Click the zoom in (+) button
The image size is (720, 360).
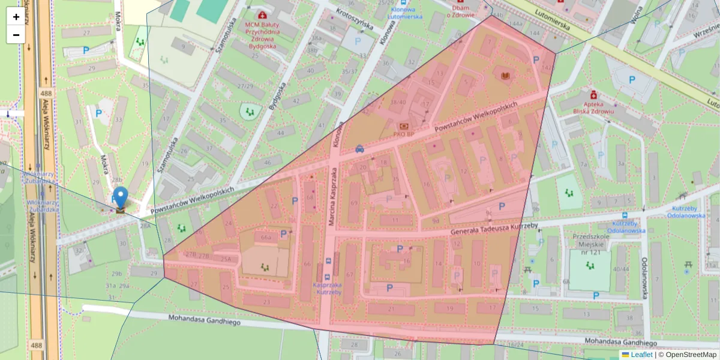(16, 17)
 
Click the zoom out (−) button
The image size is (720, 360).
(16, 35)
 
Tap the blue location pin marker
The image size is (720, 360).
(121, 197)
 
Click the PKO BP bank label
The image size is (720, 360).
(404, 134)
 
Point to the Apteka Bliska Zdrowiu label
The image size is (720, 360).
(593, 107)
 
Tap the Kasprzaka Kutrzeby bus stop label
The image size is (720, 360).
(328, 288)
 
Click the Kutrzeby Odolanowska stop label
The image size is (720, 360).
(626, 226)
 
